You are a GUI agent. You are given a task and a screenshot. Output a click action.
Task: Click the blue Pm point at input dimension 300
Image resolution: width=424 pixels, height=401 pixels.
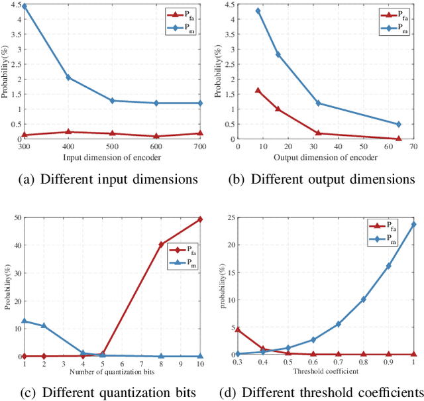(x=25, y=6)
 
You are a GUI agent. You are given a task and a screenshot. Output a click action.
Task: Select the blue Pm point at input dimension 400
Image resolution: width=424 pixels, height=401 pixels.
(x=69, y=78)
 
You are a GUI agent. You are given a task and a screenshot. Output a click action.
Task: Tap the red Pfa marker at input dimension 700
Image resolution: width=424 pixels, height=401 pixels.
(x=201, y=133)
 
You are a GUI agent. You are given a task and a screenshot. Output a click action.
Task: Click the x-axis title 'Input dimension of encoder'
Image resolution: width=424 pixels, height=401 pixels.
(x=113, y=157)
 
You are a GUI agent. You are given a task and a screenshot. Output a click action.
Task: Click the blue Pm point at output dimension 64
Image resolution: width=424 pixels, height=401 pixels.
(x=398, y=124)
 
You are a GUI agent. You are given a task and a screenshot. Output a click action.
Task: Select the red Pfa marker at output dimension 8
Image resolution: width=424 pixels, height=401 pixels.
(x=258, y=90)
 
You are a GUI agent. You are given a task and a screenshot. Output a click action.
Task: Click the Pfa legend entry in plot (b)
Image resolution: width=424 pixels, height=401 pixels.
(x=399, y=14)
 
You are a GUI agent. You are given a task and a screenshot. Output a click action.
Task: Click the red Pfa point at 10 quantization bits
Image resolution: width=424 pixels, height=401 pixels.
(x=201, y=219)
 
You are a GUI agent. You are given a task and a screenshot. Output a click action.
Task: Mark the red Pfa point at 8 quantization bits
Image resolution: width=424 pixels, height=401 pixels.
(x=162, y=245)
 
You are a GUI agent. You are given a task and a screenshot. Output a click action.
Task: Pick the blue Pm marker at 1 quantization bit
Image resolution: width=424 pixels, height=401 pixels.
(x=25, y=321)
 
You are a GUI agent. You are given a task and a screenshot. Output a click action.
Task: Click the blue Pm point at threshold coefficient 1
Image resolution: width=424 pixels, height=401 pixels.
(x=414, y=224)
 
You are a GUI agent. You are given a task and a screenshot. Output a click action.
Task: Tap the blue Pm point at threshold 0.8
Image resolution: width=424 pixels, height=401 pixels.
(x=363, y=300)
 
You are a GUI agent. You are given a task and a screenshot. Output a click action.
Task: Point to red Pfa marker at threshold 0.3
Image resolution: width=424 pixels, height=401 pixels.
(x=238, y=329)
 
